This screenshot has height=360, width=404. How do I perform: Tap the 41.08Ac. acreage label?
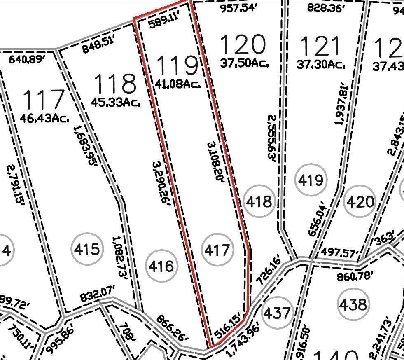click(178, 84)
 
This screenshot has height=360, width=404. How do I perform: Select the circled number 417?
click(217, 250)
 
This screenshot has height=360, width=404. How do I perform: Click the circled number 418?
click(259, 201)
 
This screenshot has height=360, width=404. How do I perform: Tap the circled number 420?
click(360, 202)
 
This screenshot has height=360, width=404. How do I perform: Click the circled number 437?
click(277, 313)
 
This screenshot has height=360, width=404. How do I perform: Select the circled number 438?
click(353, 304)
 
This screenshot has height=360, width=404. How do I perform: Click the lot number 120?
click(242, 44)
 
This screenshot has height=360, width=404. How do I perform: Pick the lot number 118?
click(115, 84)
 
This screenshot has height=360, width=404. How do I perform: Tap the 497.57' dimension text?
click(341, 252)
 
